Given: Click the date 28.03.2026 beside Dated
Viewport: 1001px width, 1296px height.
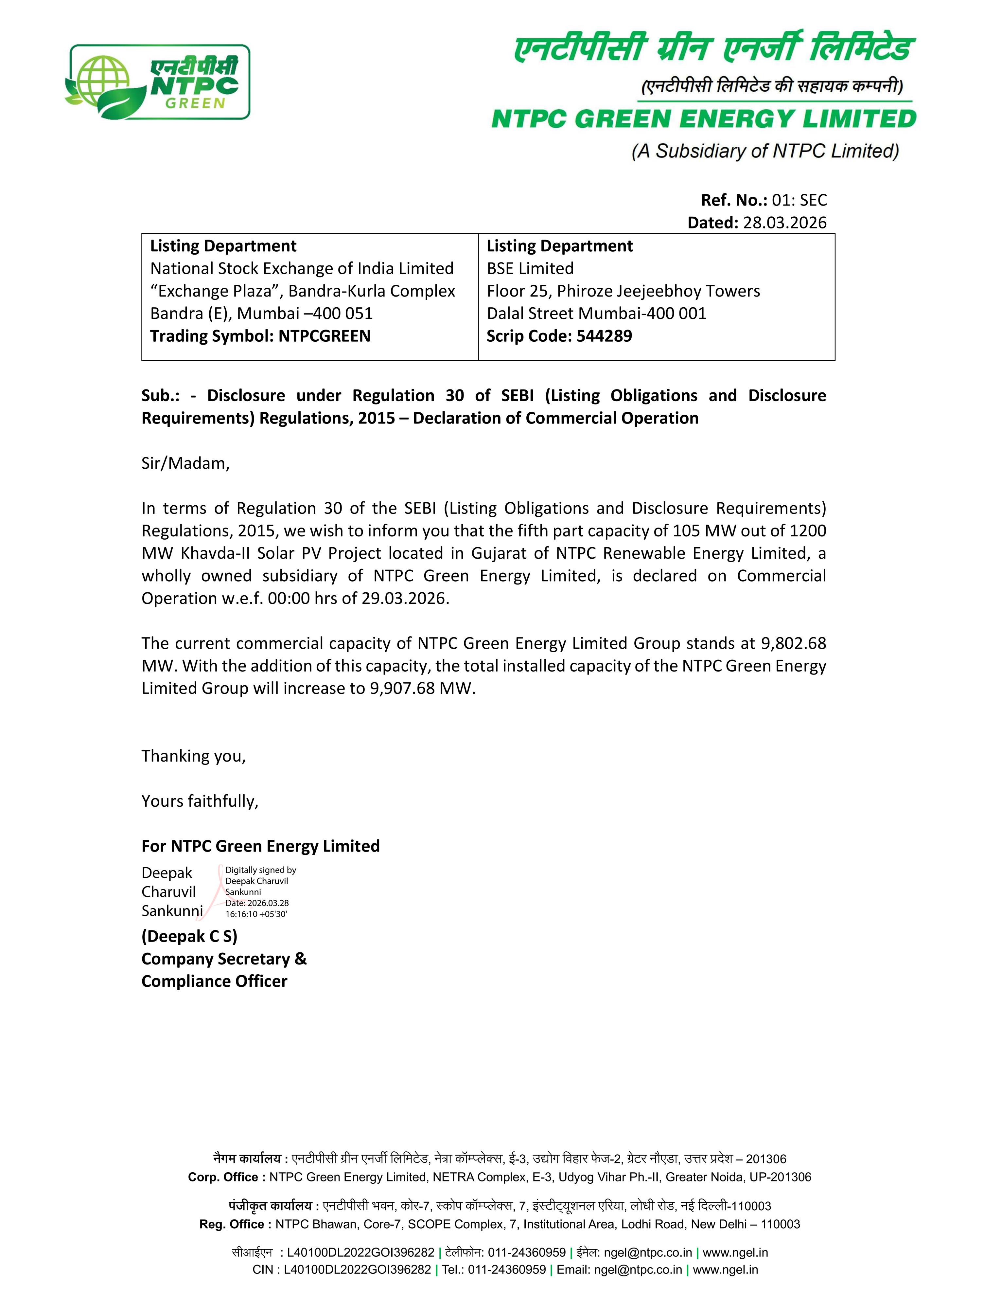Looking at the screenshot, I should [x=784, y=223].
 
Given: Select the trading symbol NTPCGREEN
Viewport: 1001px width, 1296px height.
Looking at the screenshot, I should [x=325, y=336].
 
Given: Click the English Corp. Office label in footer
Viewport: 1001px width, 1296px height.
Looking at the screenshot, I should [x=226, y=1177].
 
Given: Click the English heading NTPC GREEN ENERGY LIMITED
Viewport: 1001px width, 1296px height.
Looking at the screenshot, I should [x=703, y=119].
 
